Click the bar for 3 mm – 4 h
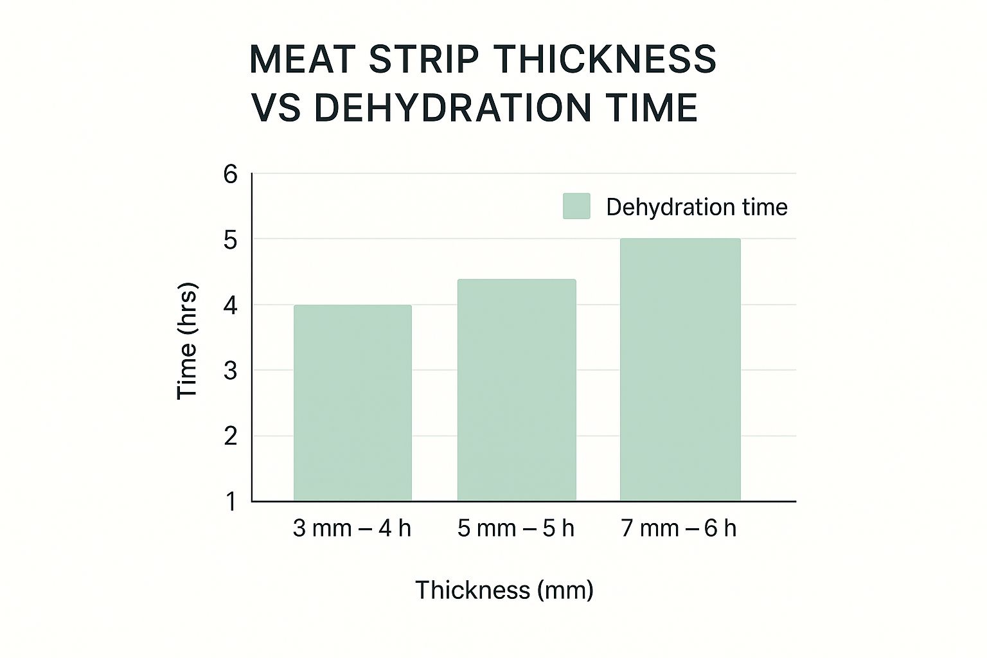[x=352, y=403]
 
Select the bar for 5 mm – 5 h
[x=516, y=390]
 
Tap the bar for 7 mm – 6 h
[x=680, y=369]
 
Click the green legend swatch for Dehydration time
[x=576, y=206]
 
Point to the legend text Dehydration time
[x=697, y=207]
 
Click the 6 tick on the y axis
[x=231, y=174]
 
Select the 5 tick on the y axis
[x=231, y=240]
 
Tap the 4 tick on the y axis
[x=231, y=306]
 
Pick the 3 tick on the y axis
[x=231, y=371]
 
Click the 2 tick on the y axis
[x=231, y=437]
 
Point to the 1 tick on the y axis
[x=231, y=502]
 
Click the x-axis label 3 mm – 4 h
[x=351, y=528]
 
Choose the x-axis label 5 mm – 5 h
[x=515, y=528]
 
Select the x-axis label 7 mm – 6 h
[x=679, y=528]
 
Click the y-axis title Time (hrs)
[x=186, y=341]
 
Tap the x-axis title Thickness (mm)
[x=504, y=589]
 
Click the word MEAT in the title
[x=302, y=59]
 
